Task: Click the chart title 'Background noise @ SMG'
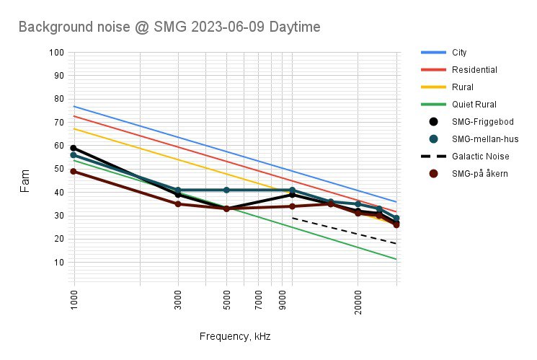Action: tap(169, 27)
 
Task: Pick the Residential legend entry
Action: tap(474, 70)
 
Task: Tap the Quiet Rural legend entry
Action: tap(474, 105)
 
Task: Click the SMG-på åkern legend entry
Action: tap(481, 173)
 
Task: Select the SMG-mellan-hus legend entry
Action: tap(484, 139)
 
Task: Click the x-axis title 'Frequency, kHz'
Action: tap(234, 336)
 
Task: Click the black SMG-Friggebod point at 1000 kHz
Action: tap(74, 148)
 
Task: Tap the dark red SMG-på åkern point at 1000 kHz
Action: tap(74, 171)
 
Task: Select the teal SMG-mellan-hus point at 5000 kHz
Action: tap(226, 190)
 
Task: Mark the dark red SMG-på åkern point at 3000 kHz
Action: tap(179, 204)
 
